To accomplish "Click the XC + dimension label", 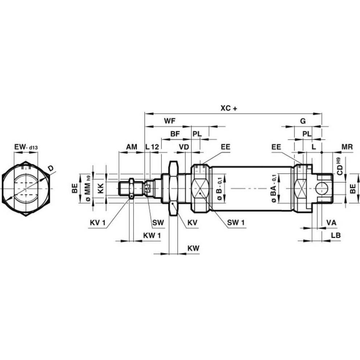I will click(229, 108).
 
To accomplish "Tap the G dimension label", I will click(302, 121).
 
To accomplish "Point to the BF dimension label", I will click(175, 134).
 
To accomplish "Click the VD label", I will click(184, 147).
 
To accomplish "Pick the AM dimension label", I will click(131, 147).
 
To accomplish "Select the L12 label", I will click(152, 147).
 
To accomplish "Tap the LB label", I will click(336, 235).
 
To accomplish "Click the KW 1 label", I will click(151, 235).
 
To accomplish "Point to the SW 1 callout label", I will click(236, 222).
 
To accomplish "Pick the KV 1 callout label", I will click(97, 222).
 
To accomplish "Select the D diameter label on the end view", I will click(51, 168).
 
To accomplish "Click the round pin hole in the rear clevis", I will click(321, 188).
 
